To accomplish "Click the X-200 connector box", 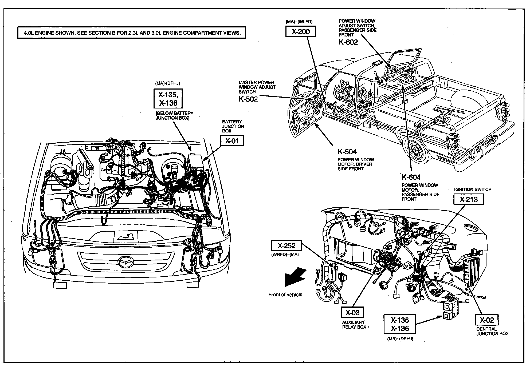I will tap(300, 32).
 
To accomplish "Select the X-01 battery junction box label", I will tap(232, 140).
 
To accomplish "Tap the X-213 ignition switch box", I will tap(468, 199).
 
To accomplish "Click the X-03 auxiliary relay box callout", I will tap(352, 312).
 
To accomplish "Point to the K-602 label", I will tap(348, 42).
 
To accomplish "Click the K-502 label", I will tap(248, 99).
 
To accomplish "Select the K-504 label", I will tap(347, 152).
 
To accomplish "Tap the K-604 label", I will tap(411, 177).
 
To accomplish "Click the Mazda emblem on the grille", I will tap(126, 262).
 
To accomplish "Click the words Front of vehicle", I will tap(285, 295).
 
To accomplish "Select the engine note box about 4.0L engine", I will tap(131, 33).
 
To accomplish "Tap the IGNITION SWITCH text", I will tap(473, 189).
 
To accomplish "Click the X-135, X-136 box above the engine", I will tap(168, 98).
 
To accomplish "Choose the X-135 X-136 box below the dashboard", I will tap(400, 324).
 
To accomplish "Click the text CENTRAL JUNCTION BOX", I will tap(492, 331).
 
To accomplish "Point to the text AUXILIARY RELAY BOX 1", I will tap(356, 325).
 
